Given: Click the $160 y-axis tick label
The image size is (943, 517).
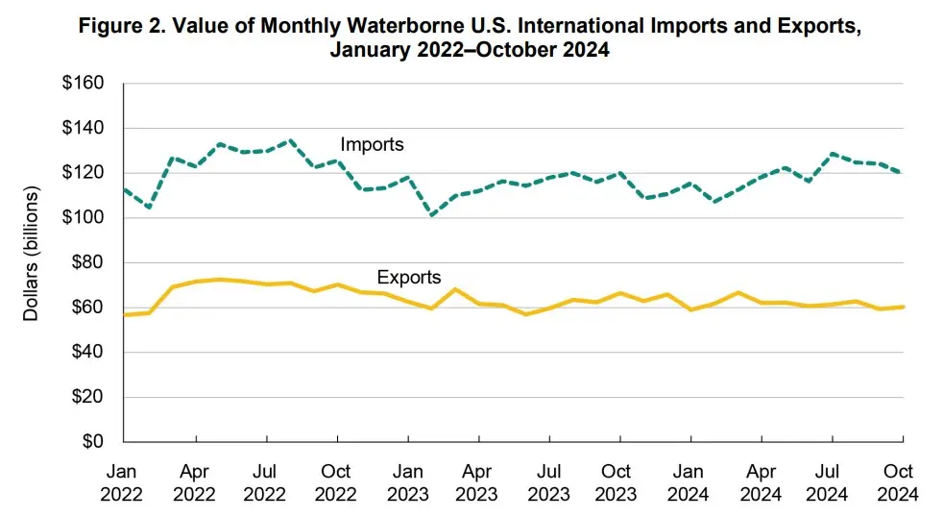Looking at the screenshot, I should click(x=84, y=84).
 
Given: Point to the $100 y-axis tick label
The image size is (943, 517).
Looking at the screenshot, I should click(x=84, y=218).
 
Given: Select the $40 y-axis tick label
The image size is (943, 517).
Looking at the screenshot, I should click(x=87, y=353).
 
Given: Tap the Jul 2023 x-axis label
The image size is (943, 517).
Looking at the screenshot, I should click(x=548, y=482).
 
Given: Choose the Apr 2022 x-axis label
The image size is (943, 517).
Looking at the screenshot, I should click(x=195, y=482).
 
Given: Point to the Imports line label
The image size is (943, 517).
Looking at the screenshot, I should click(x=372, y=145).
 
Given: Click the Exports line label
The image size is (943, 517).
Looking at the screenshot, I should click(x=409, y=278).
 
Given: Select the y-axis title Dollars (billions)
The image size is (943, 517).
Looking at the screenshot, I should click(x=32, y=255).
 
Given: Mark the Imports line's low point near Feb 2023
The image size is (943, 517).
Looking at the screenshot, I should click(x=432, y=215).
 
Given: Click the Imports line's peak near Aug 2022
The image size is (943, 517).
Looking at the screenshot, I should click(x=290, y=140).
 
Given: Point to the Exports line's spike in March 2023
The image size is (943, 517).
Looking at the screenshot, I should click(x=455, y=288).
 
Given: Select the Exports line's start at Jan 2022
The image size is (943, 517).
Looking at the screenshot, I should click(x=125, y=314).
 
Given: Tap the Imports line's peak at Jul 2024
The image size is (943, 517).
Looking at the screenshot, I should click(x=832, y=154).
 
